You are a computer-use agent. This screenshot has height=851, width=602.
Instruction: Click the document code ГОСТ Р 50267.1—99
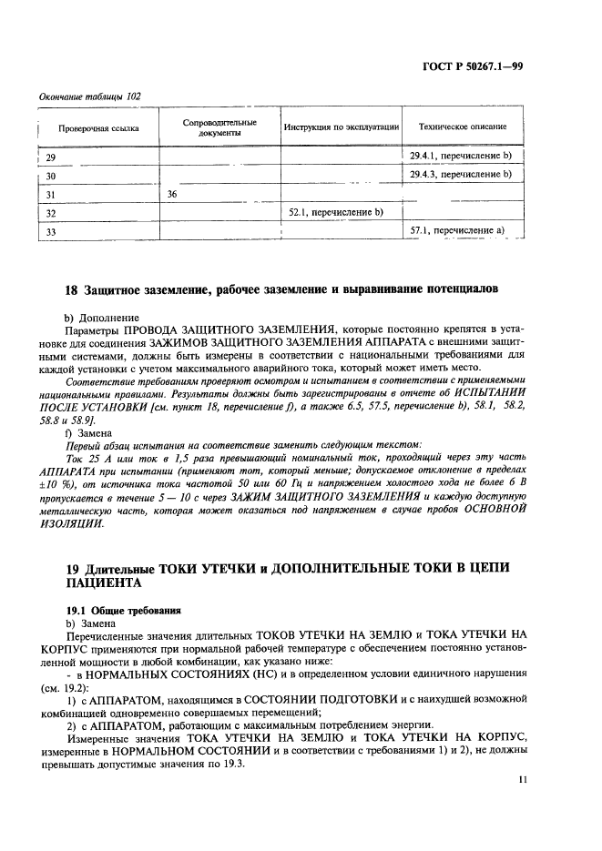[x=479, y=65]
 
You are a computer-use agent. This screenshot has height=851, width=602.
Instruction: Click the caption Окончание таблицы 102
[x=89, y=96]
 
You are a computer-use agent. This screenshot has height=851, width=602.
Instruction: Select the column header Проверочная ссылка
[x=98, y=128]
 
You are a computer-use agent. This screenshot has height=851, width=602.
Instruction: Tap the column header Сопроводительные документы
[x=219, y=127]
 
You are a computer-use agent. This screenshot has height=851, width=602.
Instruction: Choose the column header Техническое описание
[x=462, y=127]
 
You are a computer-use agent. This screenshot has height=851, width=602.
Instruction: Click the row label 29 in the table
[x=51, y=157]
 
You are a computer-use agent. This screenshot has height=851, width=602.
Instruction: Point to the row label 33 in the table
[x=51, y=231]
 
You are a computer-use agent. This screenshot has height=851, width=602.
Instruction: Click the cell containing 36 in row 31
[x=172, y=194]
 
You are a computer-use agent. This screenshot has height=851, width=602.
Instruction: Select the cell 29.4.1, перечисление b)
[x=462, y=156]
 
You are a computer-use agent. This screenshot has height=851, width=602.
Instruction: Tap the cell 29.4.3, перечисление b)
[x=462, y=174]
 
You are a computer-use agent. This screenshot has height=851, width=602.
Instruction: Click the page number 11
[x=522, y=779]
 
